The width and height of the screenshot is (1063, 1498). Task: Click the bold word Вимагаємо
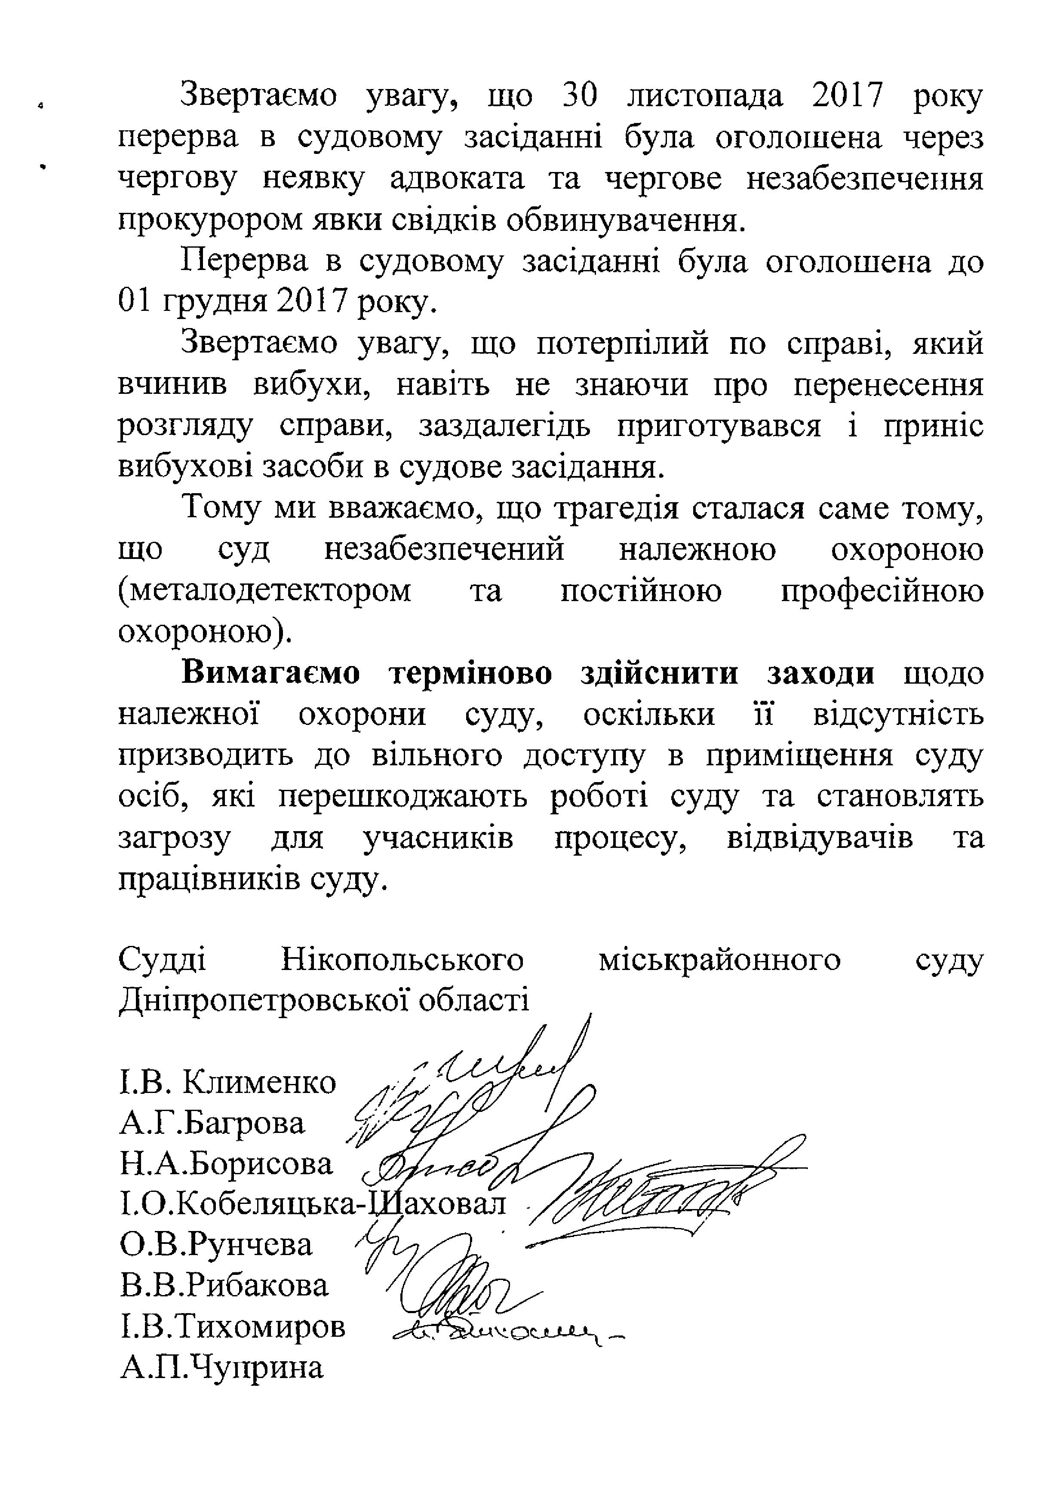pos(270,673)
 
